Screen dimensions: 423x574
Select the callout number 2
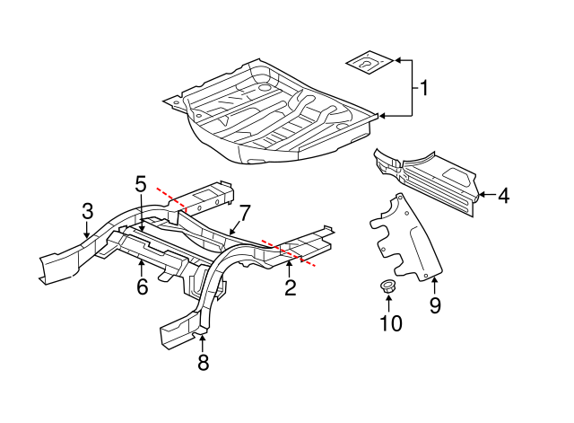tap(290, 287)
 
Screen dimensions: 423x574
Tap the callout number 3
tap(87, 211)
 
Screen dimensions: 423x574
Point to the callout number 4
tap(503, 194)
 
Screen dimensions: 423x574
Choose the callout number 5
tap(141, 184)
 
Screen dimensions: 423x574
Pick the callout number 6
tap(141, 287)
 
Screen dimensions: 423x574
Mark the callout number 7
tap(245, 212)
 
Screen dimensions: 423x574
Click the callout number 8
tap(203, 363)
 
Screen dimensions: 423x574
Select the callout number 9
tap(435, 305)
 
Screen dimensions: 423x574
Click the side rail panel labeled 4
tap(426, 176)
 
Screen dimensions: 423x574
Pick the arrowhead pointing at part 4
tap(480, 194)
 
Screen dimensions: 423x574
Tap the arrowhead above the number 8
tap(203, 337)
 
